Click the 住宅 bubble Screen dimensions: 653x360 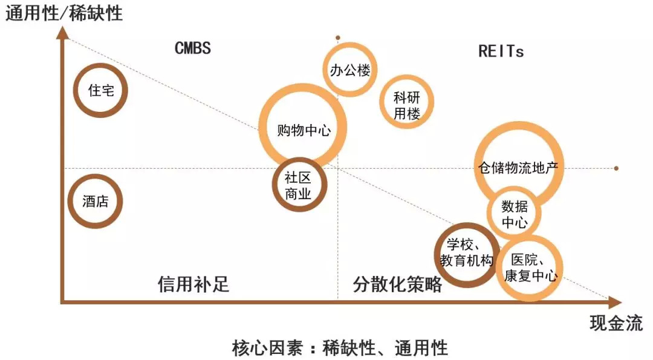pyautogui.click(x=76, y=90)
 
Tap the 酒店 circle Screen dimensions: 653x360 pyautogui.click(x=70, y=201)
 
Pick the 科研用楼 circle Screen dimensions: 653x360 pyautogui.click(x=382, y=102)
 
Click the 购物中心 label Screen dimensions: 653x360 pyautogui.click(x=304, y=131)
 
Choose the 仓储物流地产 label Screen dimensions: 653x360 pyautogui.click(x=518, y=168)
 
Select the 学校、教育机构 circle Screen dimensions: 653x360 pyautogui.click(x=437, y=255)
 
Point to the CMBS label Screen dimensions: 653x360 pyautogui.click(x=193, y=48)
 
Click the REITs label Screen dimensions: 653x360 pyautogui.click(x=501, y=51)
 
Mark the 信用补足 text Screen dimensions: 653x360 pyautogui.click(x=193, y=284)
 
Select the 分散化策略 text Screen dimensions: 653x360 pyautogui.click(x=397, y=284)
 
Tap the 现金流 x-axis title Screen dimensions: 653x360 pyautogui.click(x=616, y=323)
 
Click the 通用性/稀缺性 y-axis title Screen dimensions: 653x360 pyautogui.click(x=63, y=13)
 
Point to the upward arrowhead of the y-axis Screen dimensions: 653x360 pyautogui.click(x=63, y=33)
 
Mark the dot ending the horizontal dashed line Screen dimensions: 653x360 pyautogui.click(x=616, y=168)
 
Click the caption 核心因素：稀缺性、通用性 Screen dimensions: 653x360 pyautogui.click(x=340, y=348)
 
